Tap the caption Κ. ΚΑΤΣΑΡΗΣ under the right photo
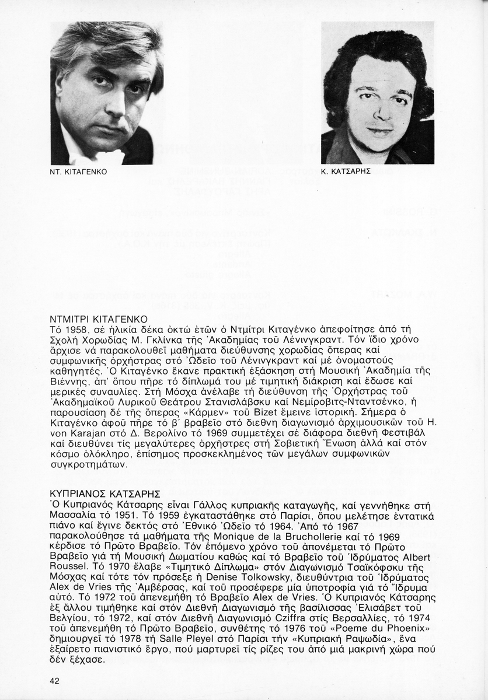tap(346, 173)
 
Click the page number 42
tap(54, 681)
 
